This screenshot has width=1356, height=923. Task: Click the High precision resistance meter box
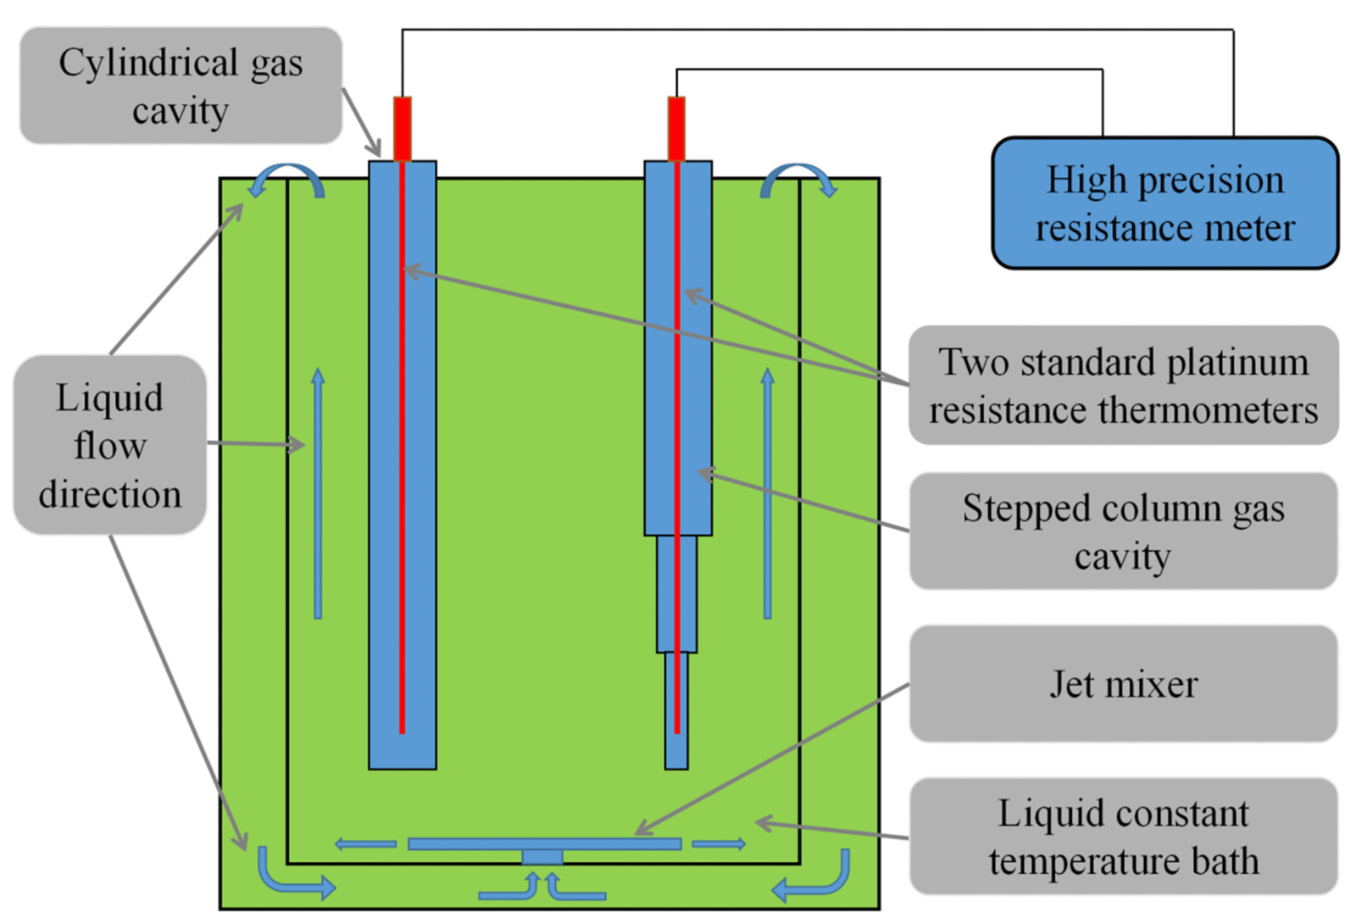(1164, 203)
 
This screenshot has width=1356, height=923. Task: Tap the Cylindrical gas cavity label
(181, 86)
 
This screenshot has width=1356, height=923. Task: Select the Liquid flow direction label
(109, 445)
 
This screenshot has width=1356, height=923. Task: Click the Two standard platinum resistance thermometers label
(1123, 386)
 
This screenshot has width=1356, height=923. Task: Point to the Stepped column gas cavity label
(1123, 531)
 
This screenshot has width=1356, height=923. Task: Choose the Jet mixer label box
(1123, 684)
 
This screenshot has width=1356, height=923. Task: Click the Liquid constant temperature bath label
(1123, 837)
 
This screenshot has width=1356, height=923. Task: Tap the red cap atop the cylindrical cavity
(403, 129)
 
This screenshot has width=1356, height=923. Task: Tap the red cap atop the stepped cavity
(676, 129)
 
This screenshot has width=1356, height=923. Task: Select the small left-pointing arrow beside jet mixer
(364, 844)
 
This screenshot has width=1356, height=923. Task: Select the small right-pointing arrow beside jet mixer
(720, 844)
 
